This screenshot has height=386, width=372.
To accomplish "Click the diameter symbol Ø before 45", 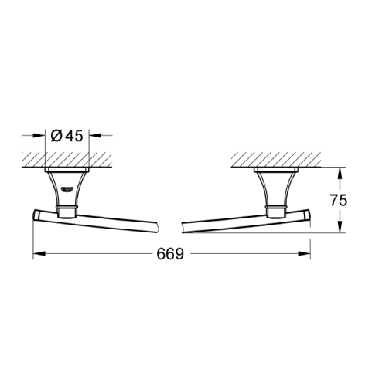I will (56, 136).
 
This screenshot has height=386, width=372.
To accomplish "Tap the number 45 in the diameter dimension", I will (73, 136).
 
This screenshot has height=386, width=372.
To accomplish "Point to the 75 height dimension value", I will (339, 199).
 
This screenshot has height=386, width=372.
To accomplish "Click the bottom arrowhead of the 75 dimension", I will (339, 229).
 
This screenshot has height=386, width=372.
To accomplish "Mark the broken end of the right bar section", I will (183, 226).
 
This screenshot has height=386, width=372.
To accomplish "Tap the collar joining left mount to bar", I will (68, 208).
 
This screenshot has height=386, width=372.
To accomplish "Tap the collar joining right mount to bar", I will (275, 208).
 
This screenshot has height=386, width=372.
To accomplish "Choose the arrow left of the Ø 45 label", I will (43, 136).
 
